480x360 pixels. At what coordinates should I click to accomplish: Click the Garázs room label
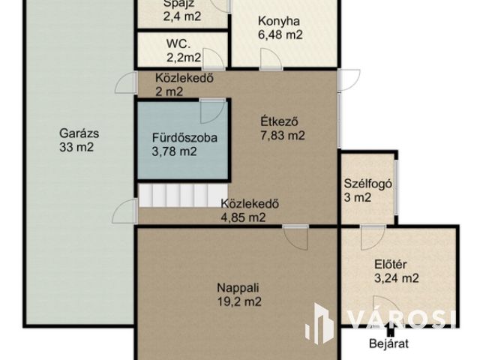coord(79,133)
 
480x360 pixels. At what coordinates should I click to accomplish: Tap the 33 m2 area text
coord(76,147)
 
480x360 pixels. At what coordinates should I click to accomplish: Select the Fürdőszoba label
coord(184,138)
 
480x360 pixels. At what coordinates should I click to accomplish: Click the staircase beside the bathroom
coord(183,195)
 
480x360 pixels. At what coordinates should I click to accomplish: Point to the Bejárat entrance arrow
coord(389,330)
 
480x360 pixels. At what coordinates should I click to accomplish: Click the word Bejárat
coord(388,343)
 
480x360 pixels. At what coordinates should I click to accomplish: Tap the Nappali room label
coord(238,288)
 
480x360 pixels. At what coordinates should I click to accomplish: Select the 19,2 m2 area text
coord(239,301)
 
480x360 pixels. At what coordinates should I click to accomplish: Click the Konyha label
coord(279,22)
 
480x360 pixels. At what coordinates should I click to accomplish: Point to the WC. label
coord(178,43)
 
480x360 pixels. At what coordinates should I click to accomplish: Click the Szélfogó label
coord(368,184)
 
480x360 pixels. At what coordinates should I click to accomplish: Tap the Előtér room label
coord(390,264)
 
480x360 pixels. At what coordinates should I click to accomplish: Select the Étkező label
coord(279,121)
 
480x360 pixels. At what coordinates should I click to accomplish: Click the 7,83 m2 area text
coord(283,135)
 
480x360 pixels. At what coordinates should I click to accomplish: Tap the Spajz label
coord(178,4)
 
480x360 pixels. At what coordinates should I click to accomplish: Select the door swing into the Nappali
coord(295,238)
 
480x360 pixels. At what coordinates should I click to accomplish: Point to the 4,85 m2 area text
coord(243,217)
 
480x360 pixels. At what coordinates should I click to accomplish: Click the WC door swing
coord(214,58)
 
